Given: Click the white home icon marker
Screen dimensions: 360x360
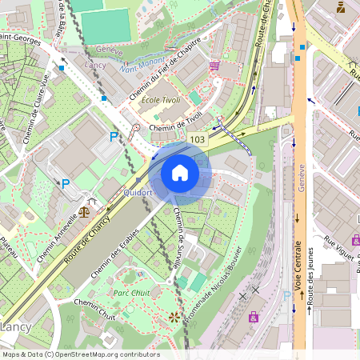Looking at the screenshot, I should tap(180, 173).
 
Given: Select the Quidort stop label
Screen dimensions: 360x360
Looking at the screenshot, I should tap(138, 193).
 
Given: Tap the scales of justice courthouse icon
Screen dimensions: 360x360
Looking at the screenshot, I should tap(84, 214).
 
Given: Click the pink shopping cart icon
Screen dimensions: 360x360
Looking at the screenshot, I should tap(214, 66).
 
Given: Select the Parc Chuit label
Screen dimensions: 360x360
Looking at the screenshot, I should tap(130, 293).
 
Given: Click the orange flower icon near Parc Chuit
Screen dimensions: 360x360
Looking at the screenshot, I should tap(174, 318).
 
